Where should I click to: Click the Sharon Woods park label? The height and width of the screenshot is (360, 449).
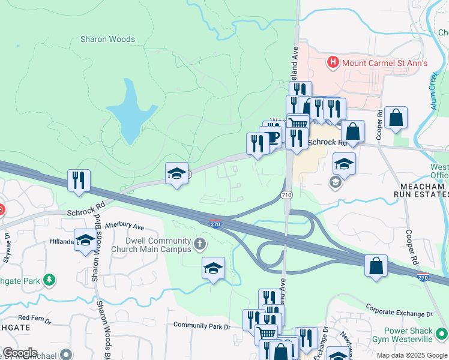(x=107, y=40)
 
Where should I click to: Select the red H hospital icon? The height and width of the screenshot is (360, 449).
(x=332, y=62)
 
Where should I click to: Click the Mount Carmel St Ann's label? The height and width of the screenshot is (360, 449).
(x=376, y=62)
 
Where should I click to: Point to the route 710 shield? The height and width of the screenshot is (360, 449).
(x=286, y=195)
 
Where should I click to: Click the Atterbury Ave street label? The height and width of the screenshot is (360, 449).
(x=125, y=226)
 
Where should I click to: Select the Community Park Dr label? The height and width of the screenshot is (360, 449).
(x=202, y=325)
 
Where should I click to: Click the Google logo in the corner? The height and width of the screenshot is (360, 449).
(x=20, y=353)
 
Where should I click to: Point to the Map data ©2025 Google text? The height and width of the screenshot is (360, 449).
(x=411, y=355)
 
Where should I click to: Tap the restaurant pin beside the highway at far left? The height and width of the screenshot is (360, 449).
(x=79, y=180)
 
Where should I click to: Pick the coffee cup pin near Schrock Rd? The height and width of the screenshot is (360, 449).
(x=271, y=137)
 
